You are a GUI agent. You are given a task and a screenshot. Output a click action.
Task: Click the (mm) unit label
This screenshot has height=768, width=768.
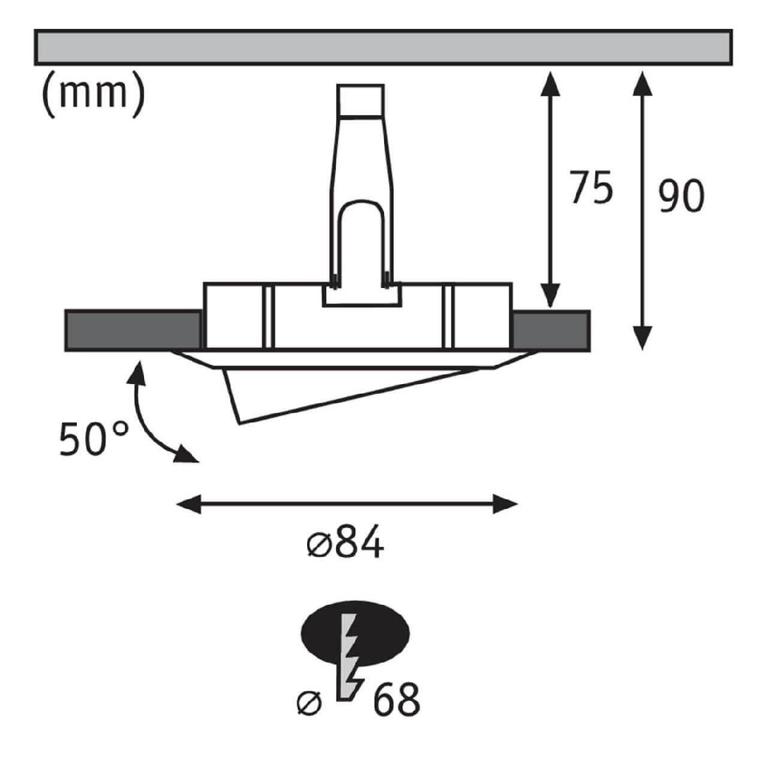(93, 95)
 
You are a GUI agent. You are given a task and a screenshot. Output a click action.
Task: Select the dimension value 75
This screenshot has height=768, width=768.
(591, 188)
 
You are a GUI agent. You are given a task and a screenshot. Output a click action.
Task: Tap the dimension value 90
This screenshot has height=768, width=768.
(681, 196)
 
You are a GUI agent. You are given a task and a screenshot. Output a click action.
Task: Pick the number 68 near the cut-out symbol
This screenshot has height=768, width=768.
(397, 700)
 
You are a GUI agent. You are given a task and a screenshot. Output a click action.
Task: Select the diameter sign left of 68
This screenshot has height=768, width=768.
(309, 703)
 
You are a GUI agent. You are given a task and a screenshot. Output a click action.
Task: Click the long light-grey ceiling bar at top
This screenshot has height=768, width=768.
(383, 47)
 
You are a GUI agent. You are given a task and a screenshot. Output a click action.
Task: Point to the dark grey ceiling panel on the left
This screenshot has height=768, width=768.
(132, 331)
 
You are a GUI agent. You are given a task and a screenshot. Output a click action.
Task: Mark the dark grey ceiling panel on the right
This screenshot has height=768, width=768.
(551, 331)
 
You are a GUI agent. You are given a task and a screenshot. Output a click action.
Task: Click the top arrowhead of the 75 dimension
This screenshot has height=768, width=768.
(550, 84)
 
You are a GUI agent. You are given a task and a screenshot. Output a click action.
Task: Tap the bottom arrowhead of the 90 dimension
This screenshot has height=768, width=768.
(643, 338)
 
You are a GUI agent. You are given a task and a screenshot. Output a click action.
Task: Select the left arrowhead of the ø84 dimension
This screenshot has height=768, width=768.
(189, 504)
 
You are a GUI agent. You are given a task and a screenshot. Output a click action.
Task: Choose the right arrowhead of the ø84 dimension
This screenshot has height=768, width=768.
(505, 504)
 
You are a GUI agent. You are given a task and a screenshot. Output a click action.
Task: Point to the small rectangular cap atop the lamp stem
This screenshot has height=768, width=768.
(360, 100)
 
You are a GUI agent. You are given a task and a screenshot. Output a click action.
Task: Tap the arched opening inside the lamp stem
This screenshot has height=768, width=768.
(361, 243)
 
